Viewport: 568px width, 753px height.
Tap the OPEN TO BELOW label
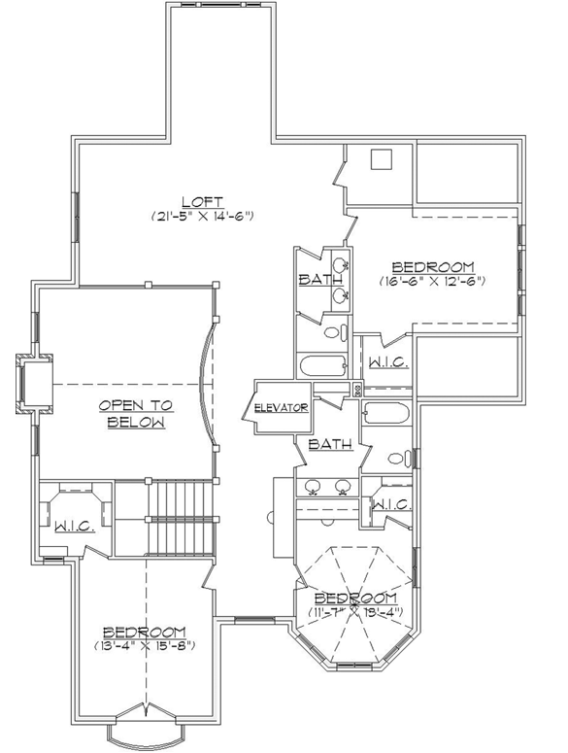pyautogui.click(x=135, y=414)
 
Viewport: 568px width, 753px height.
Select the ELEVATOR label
pyautogui.click(x=282, y=407)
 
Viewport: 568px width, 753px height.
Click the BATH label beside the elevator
pyautogui.click(x=330, y=444)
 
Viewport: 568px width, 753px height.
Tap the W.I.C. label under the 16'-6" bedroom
pyautogui.click(x=386, y=361)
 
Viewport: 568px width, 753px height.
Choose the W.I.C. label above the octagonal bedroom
pyautogui.click(x=392, y=504)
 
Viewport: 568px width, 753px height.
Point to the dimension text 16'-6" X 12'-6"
pyautogui.click(x=433, y=281)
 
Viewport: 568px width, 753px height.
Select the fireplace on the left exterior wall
pyautogui.click(x=35, y=383)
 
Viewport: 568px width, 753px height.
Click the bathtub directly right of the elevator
pyautogui.click(x=388, y=415)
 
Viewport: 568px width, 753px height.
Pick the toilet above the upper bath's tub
pyautogui.click(x=332, y=333)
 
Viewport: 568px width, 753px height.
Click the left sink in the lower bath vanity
pyautogui.click(x=314, y=487)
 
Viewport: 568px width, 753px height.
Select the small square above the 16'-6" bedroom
pyautogui.click(x=382, y=160)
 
